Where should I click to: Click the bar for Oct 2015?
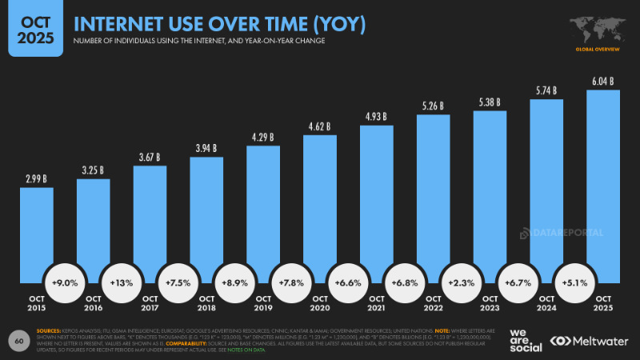pyautogui.click(x=37, y=232)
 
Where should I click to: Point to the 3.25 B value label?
pyautogui.click(x=93, y=170)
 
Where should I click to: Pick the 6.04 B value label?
pyautogui.click(x=603, y=81)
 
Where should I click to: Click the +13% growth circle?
pyautogui.click(x=122, y=283)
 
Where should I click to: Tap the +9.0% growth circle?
pyautogui.click(x=65, y=283)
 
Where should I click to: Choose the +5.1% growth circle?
pyautogui.click(x=575, y=283)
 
